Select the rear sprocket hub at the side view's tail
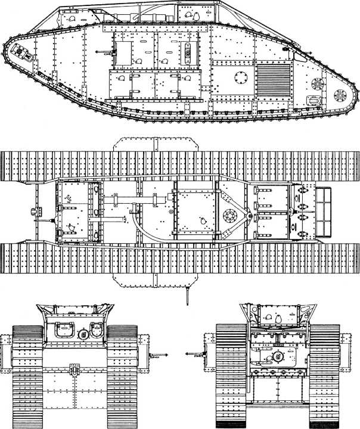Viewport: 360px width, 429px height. (340, 95)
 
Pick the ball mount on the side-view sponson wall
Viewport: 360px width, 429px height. (189, 52)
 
